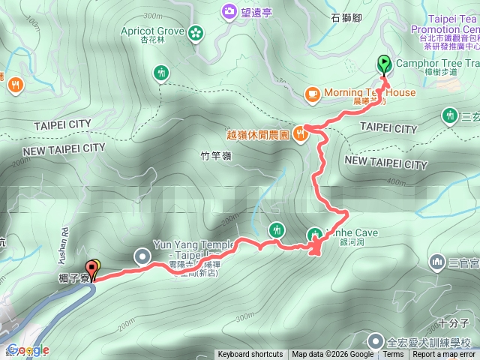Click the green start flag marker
(x=384, y=64)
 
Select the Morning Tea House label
(x=370, y=93)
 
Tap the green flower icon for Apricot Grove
(x=195, y=32)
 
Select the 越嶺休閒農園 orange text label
(x=257, y=135)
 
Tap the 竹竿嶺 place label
(x=216, y=156)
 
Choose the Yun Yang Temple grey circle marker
(x=142, y=256)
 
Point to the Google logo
(x=25, y=350)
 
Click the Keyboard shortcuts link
(x=250, y=355)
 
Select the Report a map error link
(x=445, y=355)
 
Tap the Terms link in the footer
(x=393, y=355)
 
